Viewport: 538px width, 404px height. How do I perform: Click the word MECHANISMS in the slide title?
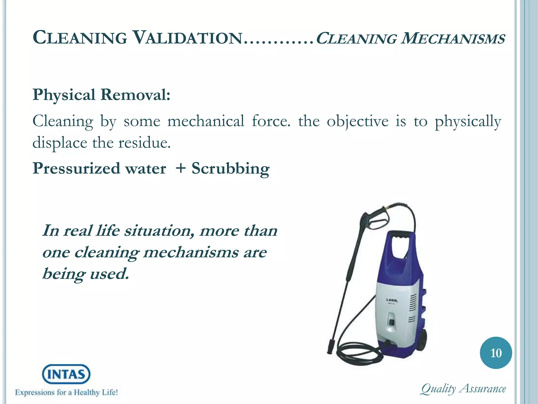[453, 38]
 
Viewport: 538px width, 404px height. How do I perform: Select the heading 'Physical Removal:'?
[101, 95]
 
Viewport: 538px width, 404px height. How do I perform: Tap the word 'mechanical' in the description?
[206, 122]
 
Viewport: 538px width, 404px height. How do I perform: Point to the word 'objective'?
[358, 122]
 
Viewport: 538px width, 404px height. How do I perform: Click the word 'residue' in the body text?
[144, 143]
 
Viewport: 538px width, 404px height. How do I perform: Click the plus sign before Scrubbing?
[181, 168]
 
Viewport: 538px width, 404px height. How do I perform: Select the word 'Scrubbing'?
[230, 169]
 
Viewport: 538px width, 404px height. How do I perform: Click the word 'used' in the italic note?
[109, 274]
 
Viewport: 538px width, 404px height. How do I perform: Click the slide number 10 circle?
[496, 353]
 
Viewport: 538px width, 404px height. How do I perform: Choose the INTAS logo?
[66, 374]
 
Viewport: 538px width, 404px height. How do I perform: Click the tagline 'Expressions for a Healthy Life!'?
[66, 393]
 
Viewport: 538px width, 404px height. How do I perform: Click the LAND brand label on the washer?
[391, 300]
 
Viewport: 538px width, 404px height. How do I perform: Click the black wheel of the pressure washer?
[421, 339]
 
